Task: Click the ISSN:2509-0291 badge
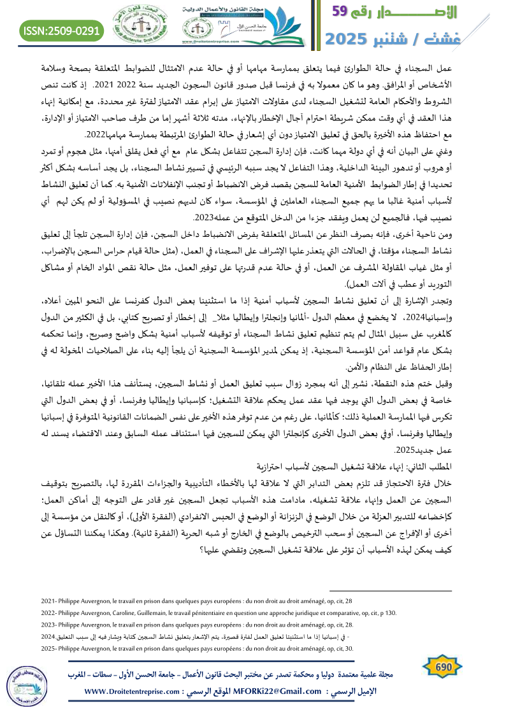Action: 61,30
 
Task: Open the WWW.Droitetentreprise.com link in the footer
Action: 133,691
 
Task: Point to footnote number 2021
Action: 48,600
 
